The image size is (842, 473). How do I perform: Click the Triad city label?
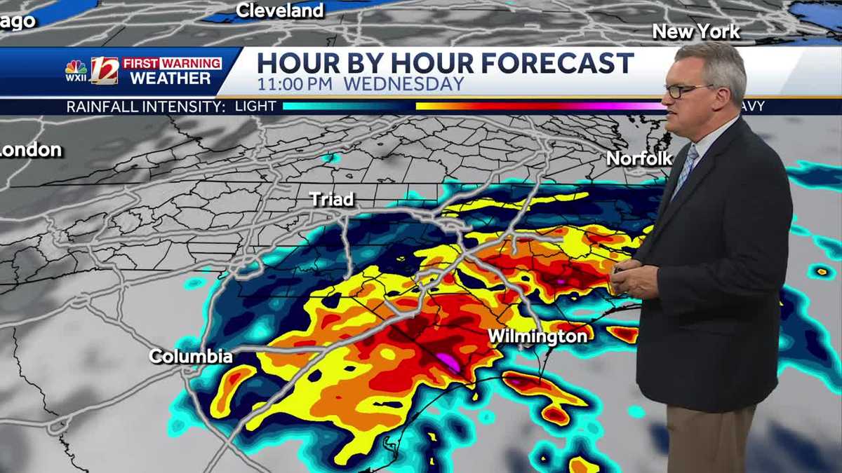[332, 200]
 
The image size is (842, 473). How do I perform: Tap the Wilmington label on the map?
[537, 337]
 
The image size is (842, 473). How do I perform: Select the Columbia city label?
[191, 356]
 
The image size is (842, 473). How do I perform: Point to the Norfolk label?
[639, 158]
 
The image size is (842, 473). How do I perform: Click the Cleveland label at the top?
[280, 11]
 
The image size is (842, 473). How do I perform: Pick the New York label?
[696, 32]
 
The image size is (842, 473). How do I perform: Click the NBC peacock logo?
[76, 68]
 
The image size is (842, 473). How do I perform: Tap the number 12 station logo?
[105, 70]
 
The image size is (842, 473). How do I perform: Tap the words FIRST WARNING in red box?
[172, 63]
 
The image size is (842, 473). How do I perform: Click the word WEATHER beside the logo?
[171, 78]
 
